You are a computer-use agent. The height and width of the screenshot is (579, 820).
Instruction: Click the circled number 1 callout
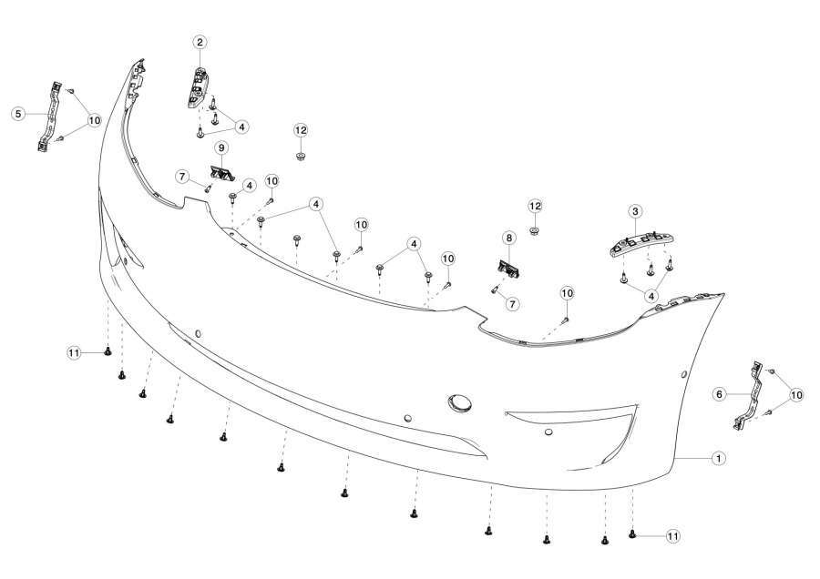pos(719,458)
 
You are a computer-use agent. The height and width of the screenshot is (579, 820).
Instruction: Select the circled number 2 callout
pos(200,42)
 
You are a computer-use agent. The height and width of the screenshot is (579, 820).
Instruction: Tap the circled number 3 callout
pos(635,211)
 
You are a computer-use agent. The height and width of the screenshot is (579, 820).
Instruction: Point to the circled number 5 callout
pos(19,114)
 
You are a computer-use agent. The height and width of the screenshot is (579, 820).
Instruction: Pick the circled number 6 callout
pos(719,394)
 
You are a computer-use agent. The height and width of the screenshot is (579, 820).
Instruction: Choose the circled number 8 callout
pos(508,238)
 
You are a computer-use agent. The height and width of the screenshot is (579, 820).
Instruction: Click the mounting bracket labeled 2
pos(197,87)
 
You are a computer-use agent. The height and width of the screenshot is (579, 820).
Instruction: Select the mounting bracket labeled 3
pos(641,245)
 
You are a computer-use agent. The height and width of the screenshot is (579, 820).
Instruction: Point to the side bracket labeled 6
pos(751,395)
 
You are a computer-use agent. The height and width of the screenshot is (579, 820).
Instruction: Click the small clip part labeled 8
pos(507,269)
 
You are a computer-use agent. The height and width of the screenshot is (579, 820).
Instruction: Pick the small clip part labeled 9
pos(221,173)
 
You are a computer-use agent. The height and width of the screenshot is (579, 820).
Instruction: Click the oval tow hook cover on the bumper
pos(459,403)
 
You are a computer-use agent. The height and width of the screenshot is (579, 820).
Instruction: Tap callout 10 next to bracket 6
pos(796,395)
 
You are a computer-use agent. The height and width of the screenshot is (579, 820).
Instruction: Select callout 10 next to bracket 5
pos(94,121)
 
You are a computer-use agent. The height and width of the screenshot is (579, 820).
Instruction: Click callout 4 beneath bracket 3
pos(651,296)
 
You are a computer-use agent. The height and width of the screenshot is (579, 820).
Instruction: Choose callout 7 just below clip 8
pos(512,303)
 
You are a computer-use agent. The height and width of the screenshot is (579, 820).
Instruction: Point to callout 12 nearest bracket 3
pos(535,207)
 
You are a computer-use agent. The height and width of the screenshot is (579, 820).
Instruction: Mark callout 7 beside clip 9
pos(182,177)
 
